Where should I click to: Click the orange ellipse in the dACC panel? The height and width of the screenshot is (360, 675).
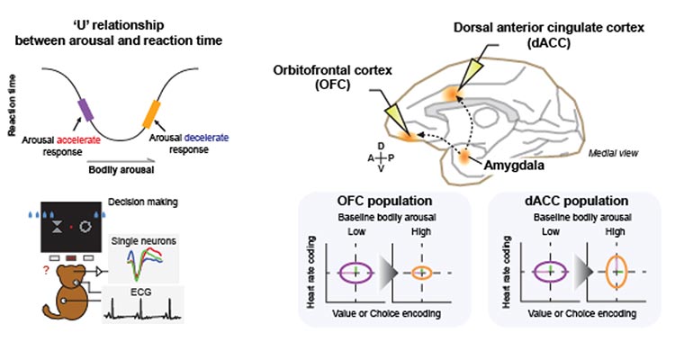point(616,272)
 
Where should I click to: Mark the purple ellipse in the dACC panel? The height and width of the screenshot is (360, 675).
point(545,272)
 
